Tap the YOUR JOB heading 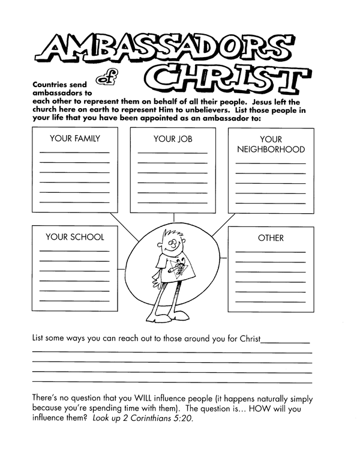pos(172,139)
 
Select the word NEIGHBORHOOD pos(271,150)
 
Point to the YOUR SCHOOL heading pos(74,237)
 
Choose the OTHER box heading pos(271,238)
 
